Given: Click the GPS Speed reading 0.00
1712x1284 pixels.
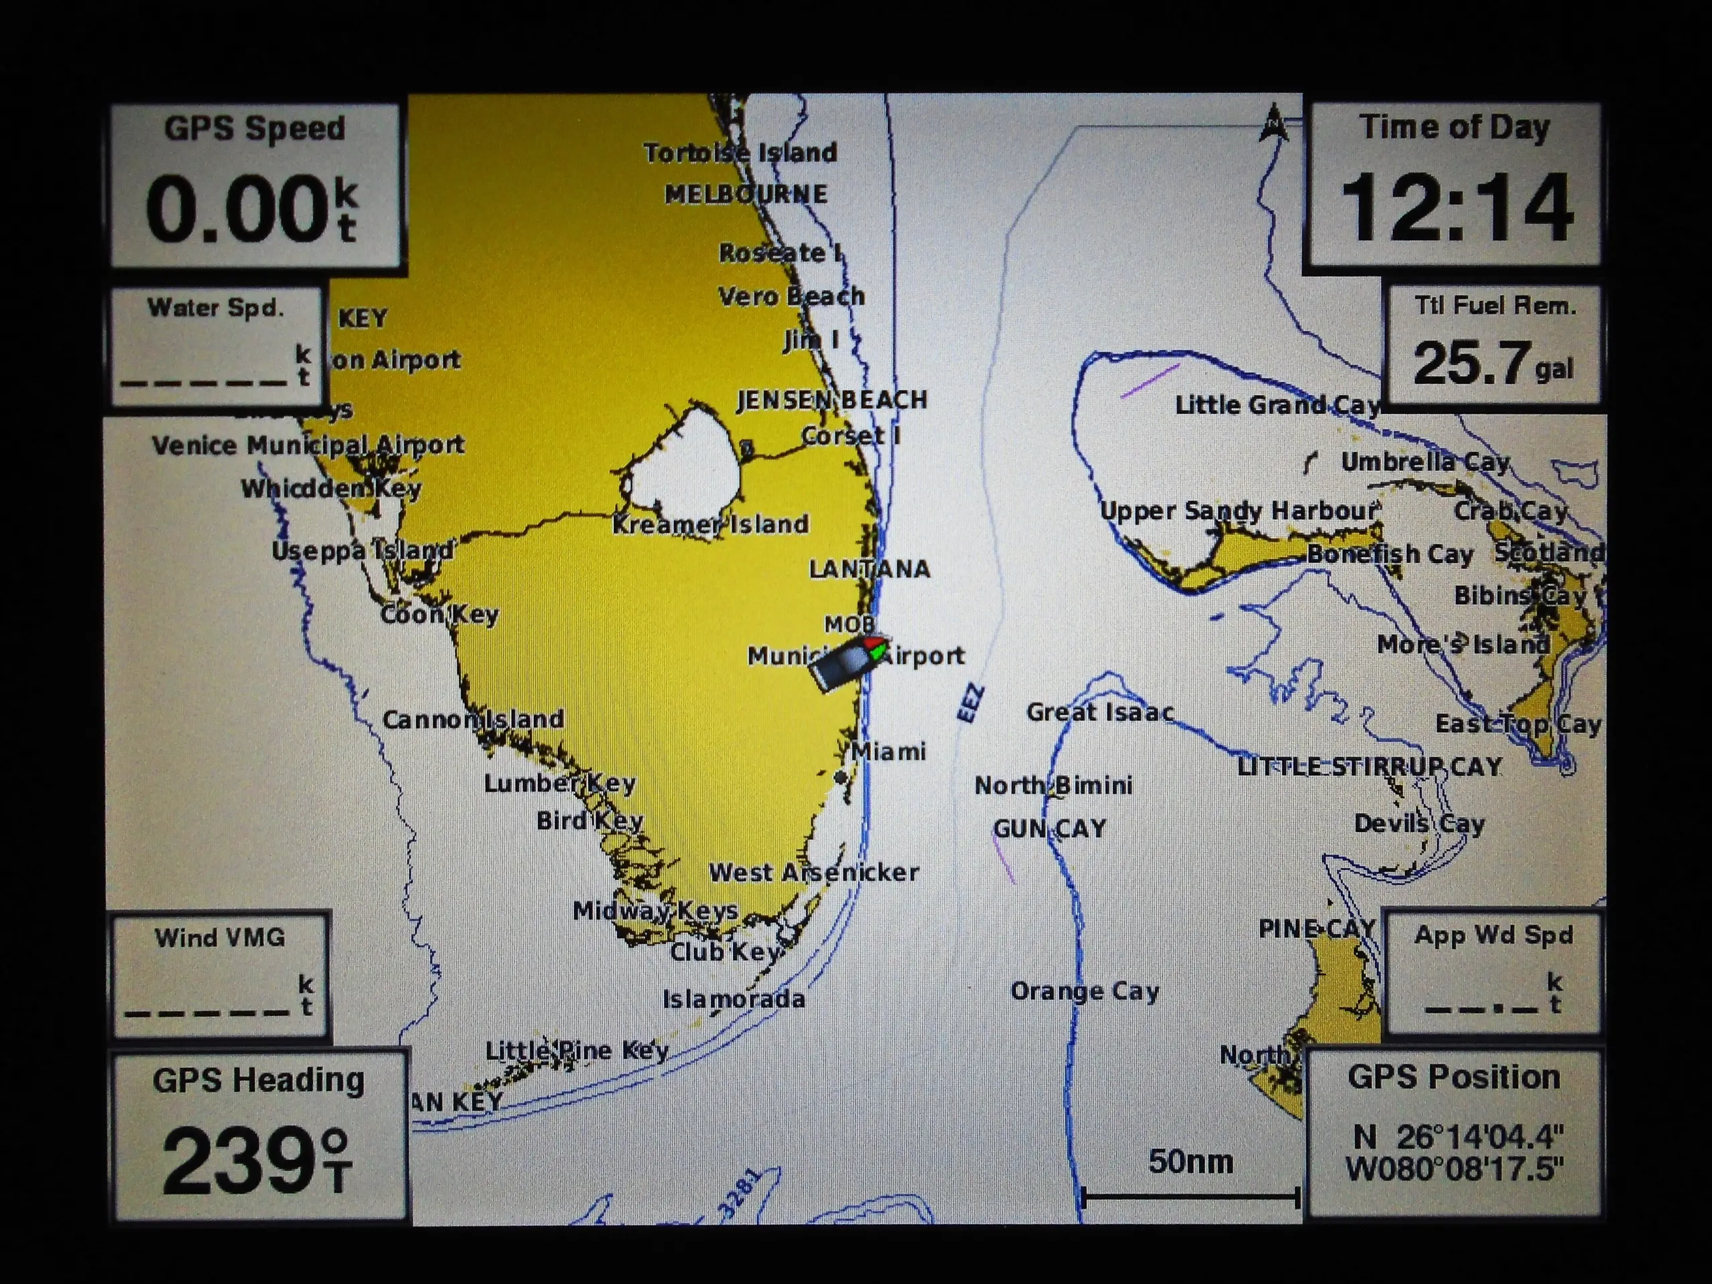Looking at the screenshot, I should click(x=238, y=207).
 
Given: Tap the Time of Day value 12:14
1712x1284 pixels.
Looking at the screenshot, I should click(x=1456, y=207).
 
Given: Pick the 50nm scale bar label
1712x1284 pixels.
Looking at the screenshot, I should click(x=1190, y=1161).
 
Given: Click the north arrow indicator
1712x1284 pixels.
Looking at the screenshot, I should click(x=1274, y=124).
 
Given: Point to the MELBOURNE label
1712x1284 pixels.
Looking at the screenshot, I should click(x=746, y=193).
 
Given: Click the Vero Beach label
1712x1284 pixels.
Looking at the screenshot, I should click(x=791, y=296).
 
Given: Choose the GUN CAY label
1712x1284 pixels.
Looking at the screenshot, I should click(x=1049, y=829).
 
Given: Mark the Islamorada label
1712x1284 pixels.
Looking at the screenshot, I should click(x=734, y=999).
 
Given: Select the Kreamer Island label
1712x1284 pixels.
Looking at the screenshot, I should click(x=710, y=524).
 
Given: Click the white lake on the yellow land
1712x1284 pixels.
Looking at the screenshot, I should click(x=685, y=464).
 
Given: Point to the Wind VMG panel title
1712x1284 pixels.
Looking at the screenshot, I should click(x=220, y=938).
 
